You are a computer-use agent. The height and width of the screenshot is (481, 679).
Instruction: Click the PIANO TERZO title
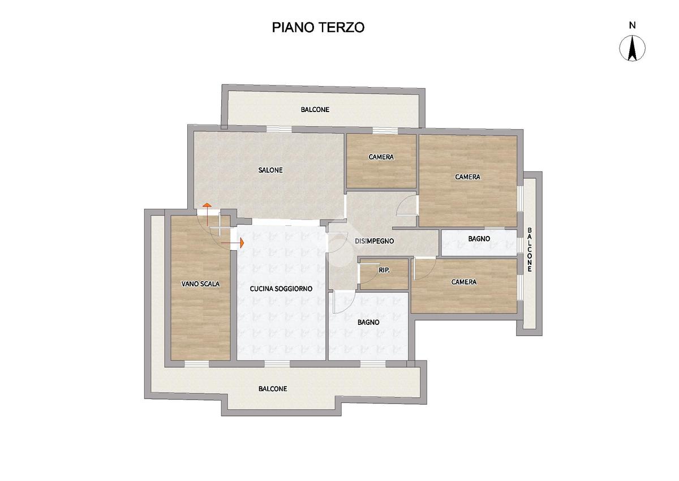(x=318, y=27)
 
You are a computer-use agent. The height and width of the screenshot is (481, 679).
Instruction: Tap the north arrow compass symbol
(x=632, y=48)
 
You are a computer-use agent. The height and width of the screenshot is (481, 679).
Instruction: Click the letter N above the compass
(x=633, y=25)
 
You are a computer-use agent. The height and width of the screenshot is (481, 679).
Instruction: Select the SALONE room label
(x=270, y=170)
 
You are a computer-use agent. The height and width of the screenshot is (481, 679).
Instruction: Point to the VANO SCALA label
(x=200, y=284)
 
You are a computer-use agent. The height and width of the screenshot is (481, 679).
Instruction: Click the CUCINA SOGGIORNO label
(x=281, y=289)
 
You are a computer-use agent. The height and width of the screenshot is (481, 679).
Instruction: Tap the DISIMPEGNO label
(x=375, y=241)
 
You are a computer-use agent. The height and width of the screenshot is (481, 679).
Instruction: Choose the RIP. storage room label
(x=384, y=270)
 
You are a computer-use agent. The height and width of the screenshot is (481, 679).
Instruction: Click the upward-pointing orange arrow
(x=207, y=214)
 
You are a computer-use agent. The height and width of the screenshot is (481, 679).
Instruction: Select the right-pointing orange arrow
(x=233, y=243)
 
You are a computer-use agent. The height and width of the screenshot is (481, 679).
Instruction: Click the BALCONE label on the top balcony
(x=315, y=110)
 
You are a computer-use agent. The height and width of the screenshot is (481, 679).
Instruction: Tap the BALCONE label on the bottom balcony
(x=273, y=389)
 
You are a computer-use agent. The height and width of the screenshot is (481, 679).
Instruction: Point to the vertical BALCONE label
(x=529, y=250)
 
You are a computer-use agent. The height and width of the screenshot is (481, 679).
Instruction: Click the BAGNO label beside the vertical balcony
(x=479, y=239)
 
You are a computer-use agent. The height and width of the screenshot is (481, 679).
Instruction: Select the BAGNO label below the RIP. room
(x=368, y=322)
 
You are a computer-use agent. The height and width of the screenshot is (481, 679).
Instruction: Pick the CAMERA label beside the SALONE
(x=381, y=157)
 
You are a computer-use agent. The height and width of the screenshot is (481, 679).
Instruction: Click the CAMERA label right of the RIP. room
(x=464, y=282)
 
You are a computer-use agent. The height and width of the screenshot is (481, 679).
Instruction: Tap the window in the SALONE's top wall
(x=279, y=130)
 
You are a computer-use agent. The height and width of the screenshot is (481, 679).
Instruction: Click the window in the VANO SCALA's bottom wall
(x=197, y=364)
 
